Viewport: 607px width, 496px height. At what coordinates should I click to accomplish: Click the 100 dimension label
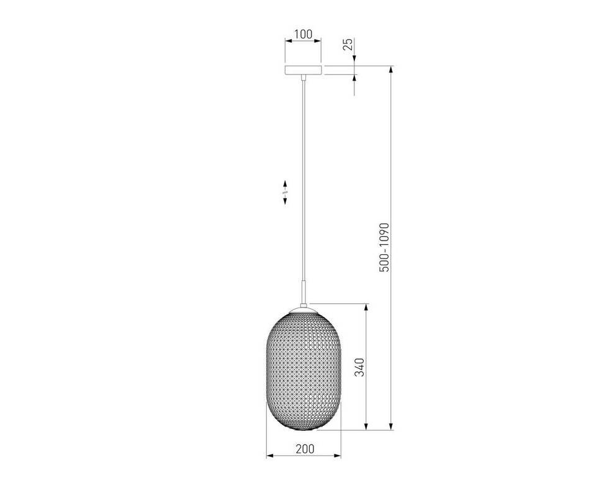coord(303,34)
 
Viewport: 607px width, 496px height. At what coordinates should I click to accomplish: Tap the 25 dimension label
coord(348,44)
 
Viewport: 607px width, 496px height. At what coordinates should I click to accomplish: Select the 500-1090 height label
coord(384,247)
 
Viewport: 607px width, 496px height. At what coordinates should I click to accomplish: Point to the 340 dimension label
coord(359,367)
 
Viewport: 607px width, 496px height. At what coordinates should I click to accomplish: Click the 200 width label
coord(305,449)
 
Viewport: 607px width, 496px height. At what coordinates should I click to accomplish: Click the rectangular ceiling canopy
coord(303,70)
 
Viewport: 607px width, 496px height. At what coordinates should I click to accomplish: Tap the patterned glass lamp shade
coord(304,371)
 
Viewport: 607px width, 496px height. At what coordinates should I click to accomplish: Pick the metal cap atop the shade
coord(304,309)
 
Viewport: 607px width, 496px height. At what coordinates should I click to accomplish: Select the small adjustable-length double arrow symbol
coord(285,192)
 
